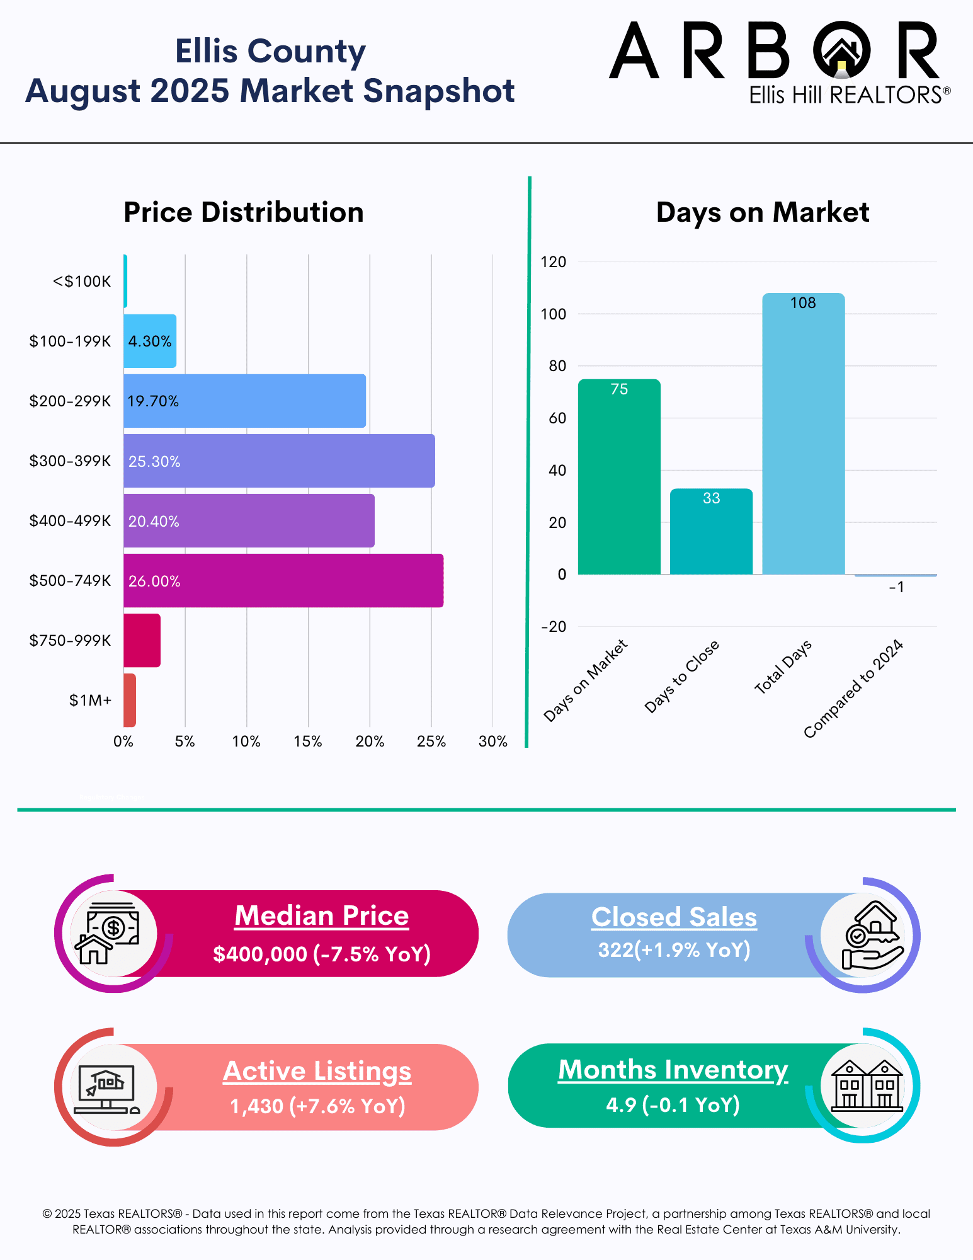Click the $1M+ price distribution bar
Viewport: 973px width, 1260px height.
click(x=130, y=700)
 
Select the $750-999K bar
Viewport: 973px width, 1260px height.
click(x=142, y=640)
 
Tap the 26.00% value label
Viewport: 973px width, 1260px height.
click(x=154, y=581)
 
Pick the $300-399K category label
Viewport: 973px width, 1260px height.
click(x=70, y=461)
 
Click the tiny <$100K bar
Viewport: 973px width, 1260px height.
click(x=125, y=281)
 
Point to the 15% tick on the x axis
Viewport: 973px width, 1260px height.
click(x=308, y=742)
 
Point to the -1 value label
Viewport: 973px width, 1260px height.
click(x=896, y=587)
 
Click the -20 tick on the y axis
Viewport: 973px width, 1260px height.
click(x=554, y=627)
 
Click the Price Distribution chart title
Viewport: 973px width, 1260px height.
click(x=244, y=212)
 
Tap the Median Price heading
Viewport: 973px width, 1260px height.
click(x=322, y=915)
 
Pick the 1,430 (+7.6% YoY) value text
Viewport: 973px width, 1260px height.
click(x=317, y=1106)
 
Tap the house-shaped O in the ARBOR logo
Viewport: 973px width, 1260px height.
click(x=842, y=50)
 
